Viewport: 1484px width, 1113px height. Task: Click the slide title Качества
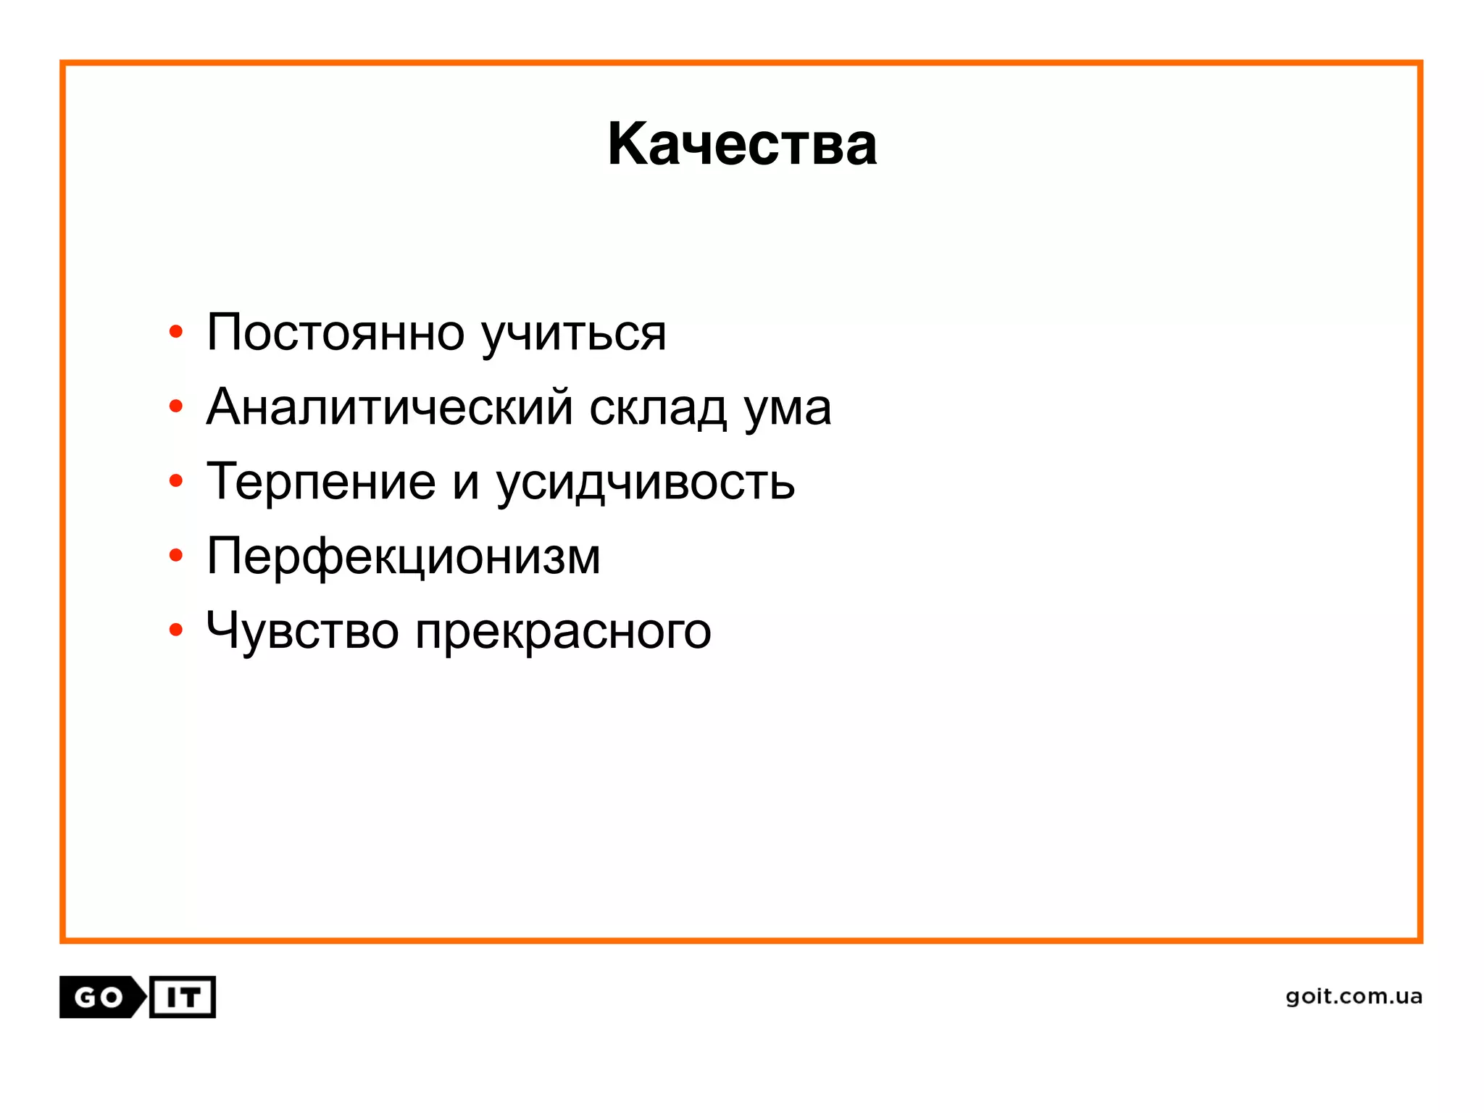742,144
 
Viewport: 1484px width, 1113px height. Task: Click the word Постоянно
335,333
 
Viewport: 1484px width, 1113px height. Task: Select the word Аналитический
389,407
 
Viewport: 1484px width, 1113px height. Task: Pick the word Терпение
321,483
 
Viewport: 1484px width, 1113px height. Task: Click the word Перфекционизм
404,557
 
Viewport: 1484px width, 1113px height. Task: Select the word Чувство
302,630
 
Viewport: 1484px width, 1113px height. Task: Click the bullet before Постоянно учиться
175,333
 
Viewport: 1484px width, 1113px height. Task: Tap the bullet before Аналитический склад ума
175,407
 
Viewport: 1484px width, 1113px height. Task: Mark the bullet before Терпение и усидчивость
175,481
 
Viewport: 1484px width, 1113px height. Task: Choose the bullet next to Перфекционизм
175,556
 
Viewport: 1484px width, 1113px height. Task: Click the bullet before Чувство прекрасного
175,630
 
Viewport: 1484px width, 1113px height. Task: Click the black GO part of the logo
99,997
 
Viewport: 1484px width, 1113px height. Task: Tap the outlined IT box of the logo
183,997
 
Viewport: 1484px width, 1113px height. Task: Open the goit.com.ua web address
1354,997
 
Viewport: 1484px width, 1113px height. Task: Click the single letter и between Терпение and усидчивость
466,484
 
